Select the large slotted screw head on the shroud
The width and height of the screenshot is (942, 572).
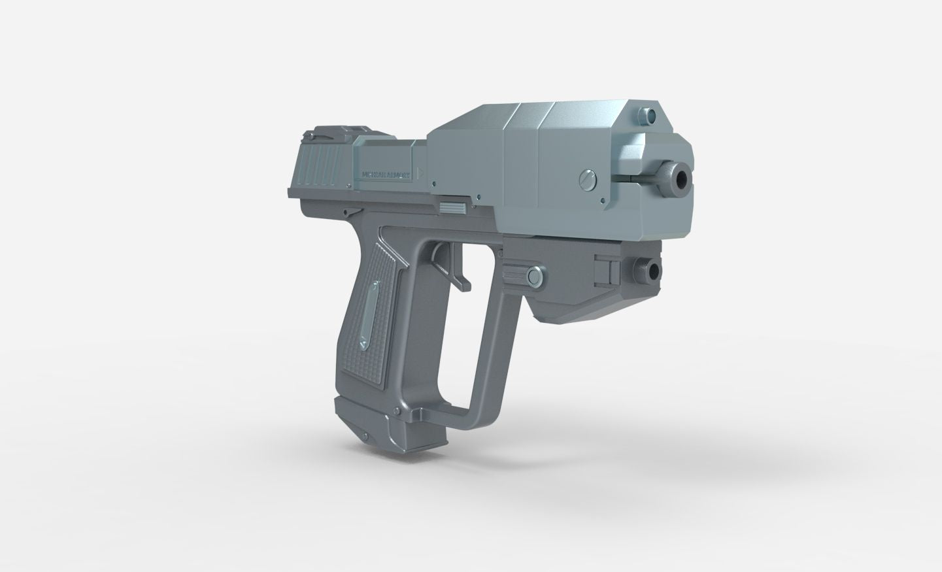(x=587, y=180)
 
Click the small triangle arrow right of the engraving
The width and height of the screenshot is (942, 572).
(x=422, y=174)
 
